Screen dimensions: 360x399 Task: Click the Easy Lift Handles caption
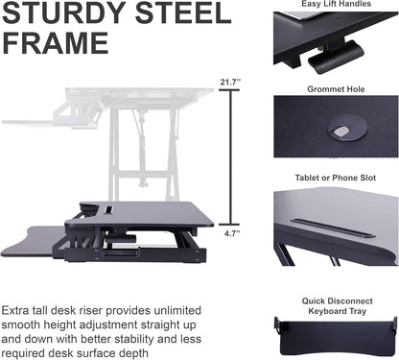[335, 4]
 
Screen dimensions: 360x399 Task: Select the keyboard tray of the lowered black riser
[38, 241]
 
